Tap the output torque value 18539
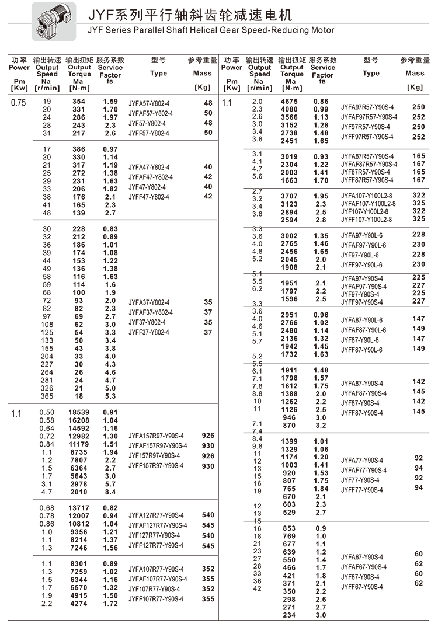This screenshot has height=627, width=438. (78, 412)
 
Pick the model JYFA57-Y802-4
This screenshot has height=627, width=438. (149, 103)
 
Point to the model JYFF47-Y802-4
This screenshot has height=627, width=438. (149, 197)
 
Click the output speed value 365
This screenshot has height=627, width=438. (47, 396)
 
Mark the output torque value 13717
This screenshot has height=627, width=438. (78, 508)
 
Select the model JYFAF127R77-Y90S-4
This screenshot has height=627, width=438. (158, 525)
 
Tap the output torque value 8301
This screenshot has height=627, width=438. (78, 563)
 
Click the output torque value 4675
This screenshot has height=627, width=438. (289, 102)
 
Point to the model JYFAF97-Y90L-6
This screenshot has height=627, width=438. (363, 245)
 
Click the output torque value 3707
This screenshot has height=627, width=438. (289, 196)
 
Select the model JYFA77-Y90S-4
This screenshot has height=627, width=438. (362, 460)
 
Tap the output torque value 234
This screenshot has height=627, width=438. (289, 615)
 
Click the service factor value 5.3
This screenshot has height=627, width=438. (110, 396)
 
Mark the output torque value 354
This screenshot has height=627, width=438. (78, 102)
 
